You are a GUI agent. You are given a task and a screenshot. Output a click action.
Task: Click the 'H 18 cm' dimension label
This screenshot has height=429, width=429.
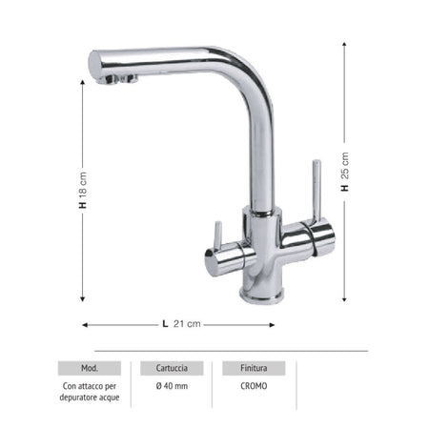(x=83, y=190)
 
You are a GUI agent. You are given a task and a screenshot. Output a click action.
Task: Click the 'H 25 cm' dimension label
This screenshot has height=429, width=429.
(x=345, y=172)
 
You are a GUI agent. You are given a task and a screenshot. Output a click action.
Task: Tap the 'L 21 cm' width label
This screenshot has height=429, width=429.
(x=181, y=324)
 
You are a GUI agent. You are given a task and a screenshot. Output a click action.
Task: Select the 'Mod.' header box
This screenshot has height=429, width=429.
(x=90, y=368)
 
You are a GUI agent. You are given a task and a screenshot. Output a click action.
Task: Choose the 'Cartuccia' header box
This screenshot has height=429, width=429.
(x=172, y=368)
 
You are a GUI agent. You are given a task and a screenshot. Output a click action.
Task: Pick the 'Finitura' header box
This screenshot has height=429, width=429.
(x=254, y=368)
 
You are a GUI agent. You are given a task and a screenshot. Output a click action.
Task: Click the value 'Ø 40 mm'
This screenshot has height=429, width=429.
(x=172, y=386)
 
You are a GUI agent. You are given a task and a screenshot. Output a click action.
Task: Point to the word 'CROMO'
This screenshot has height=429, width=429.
(x=254, y=386)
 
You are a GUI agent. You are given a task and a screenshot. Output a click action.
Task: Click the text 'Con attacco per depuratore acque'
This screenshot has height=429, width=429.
(x=90, y=392)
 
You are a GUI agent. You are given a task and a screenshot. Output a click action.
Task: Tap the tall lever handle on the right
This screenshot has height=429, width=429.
(x=317, y=190)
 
